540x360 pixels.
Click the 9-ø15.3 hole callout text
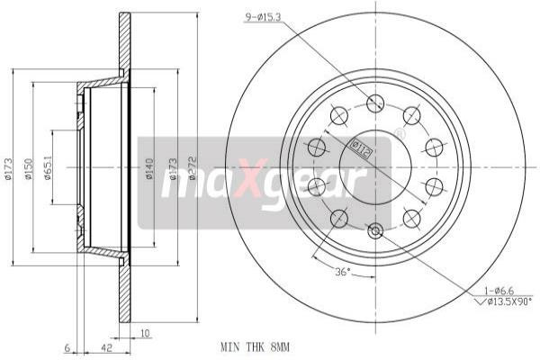(x=271, y=16)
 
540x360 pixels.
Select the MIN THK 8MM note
(x=256, y=346)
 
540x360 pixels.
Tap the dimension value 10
(x=145, y=332)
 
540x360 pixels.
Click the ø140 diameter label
(x=149, y=169)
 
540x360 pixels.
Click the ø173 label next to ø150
(x=8, y=169)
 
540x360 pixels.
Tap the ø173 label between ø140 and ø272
(x=173, y=169)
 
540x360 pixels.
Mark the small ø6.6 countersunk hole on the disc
(x=375, y=232)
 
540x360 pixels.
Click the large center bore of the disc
(x=375, y=167)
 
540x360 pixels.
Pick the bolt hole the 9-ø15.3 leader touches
(x=375, y=103)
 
